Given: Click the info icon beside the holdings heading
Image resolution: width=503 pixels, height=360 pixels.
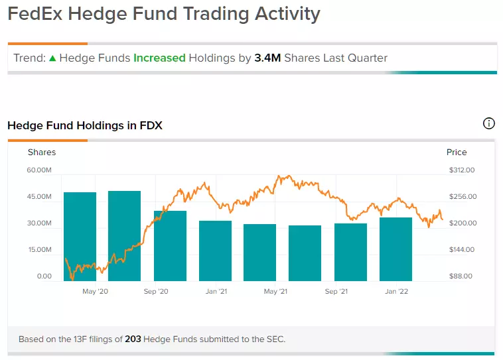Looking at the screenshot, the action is (488, 123).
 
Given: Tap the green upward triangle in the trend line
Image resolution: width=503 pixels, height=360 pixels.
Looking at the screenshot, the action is (52, 58).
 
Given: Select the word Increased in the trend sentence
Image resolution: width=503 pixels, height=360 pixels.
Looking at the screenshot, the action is (159, 58).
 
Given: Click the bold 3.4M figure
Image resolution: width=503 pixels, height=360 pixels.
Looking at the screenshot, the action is (267, 58).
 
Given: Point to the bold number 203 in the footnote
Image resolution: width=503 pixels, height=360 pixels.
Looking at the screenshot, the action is (133, 339).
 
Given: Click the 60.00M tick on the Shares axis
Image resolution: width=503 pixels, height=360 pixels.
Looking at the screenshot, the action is (39, 170).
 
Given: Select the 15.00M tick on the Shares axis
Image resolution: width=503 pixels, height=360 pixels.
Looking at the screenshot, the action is (40, 249).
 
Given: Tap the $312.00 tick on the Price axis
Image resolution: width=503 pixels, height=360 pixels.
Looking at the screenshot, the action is (462, 170).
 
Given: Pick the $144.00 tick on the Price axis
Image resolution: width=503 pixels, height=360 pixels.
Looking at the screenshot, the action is (462, 249).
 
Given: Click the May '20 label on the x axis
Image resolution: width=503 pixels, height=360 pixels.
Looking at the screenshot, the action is (96, 292).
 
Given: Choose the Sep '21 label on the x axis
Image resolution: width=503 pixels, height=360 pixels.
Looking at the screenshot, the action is (336, 292).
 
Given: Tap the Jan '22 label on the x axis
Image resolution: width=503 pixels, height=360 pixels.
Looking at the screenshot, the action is (397, 292).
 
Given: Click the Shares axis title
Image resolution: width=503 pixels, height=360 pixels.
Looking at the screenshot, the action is (42, 152).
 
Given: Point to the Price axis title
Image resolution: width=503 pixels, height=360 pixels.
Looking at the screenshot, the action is (457, 152).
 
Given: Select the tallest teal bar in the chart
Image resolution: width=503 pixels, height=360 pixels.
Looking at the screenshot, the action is (125, 236).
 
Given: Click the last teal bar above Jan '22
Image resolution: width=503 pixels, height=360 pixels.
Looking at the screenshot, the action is (396, 249).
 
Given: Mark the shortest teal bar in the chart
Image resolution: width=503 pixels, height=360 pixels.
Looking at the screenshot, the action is (305, 253).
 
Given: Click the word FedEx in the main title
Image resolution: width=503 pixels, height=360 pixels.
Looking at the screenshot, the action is (35, 14).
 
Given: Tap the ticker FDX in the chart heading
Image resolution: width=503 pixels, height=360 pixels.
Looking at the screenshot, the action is (151, 125).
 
